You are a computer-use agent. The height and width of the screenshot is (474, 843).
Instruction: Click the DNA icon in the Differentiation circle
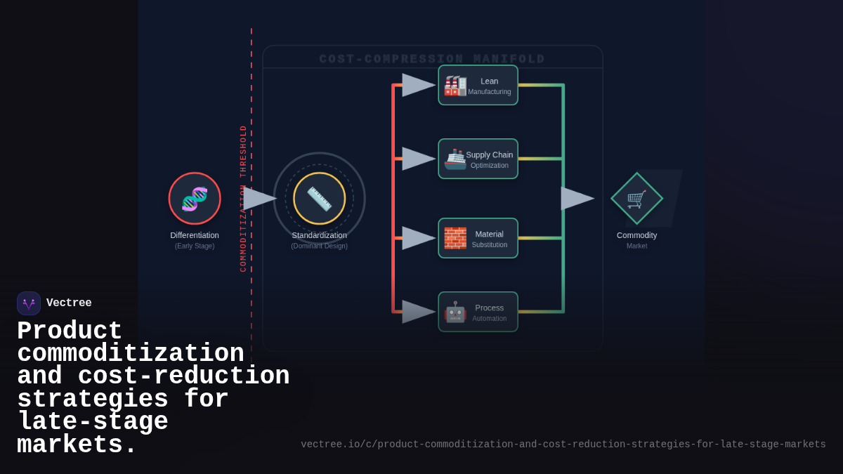195,199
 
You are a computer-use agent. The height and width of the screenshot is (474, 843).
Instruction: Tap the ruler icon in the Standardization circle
320,199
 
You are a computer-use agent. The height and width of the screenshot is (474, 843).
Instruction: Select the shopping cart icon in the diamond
636,199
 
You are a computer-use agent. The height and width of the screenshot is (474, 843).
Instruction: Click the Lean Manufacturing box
478,86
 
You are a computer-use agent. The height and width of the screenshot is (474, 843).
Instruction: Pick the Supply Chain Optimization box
478,159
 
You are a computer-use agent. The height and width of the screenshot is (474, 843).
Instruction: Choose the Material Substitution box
478,239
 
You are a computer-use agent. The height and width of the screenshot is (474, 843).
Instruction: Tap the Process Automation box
478,312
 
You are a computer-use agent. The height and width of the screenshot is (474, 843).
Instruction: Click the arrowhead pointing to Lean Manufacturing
418,85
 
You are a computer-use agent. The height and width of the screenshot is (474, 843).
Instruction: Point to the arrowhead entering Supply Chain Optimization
418,159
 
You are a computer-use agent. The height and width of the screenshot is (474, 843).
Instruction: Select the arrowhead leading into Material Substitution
418,238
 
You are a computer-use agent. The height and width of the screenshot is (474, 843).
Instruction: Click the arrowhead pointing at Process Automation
418,312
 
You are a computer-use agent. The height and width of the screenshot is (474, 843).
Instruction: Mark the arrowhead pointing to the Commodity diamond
577,199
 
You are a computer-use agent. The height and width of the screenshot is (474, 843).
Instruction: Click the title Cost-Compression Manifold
432,59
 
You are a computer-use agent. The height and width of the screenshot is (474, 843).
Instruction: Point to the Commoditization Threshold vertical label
244,199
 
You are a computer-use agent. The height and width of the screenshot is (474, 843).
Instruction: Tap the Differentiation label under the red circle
195,235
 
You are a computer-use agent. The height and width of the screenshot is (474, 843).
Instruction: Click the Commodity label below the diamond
636,235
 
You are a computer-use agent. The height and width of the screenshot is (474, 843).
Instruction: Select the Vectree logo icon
29,303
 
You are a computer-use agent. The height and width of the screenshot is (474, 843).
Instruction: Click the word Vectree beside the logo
69,303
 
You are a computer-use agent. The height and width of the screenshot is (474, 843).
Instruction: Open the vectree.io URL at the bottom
563,445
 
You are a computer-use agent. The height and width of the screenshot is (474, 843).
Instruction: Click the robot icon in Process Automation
455,312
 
